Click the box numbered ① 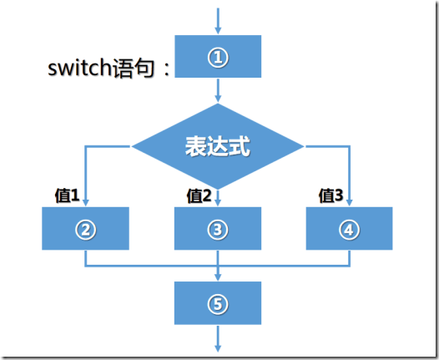coord(218,56)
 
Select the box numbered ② coord(85,228)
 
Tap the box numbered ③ coord(218,228)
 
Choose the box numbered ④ coord(349,228)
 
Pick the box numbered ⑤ coord(218,302)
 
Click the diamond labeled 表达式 coord(218,146)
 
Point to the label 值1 coord(67,195)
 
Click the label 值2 coord(199,195)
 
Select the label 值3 coord(331,195)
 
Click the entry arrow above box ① coord(218,21)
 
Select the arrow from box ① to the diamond coord(218,89)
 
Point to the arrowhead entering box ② coord(85,202)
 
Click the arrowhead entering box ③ coord(218,202)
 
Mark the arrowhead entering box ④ coord(349,202)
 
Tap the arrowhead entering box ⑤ coord(218,276)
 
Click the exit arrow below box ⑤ coord(218,337)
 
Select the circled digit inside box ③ coord(218,228)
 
